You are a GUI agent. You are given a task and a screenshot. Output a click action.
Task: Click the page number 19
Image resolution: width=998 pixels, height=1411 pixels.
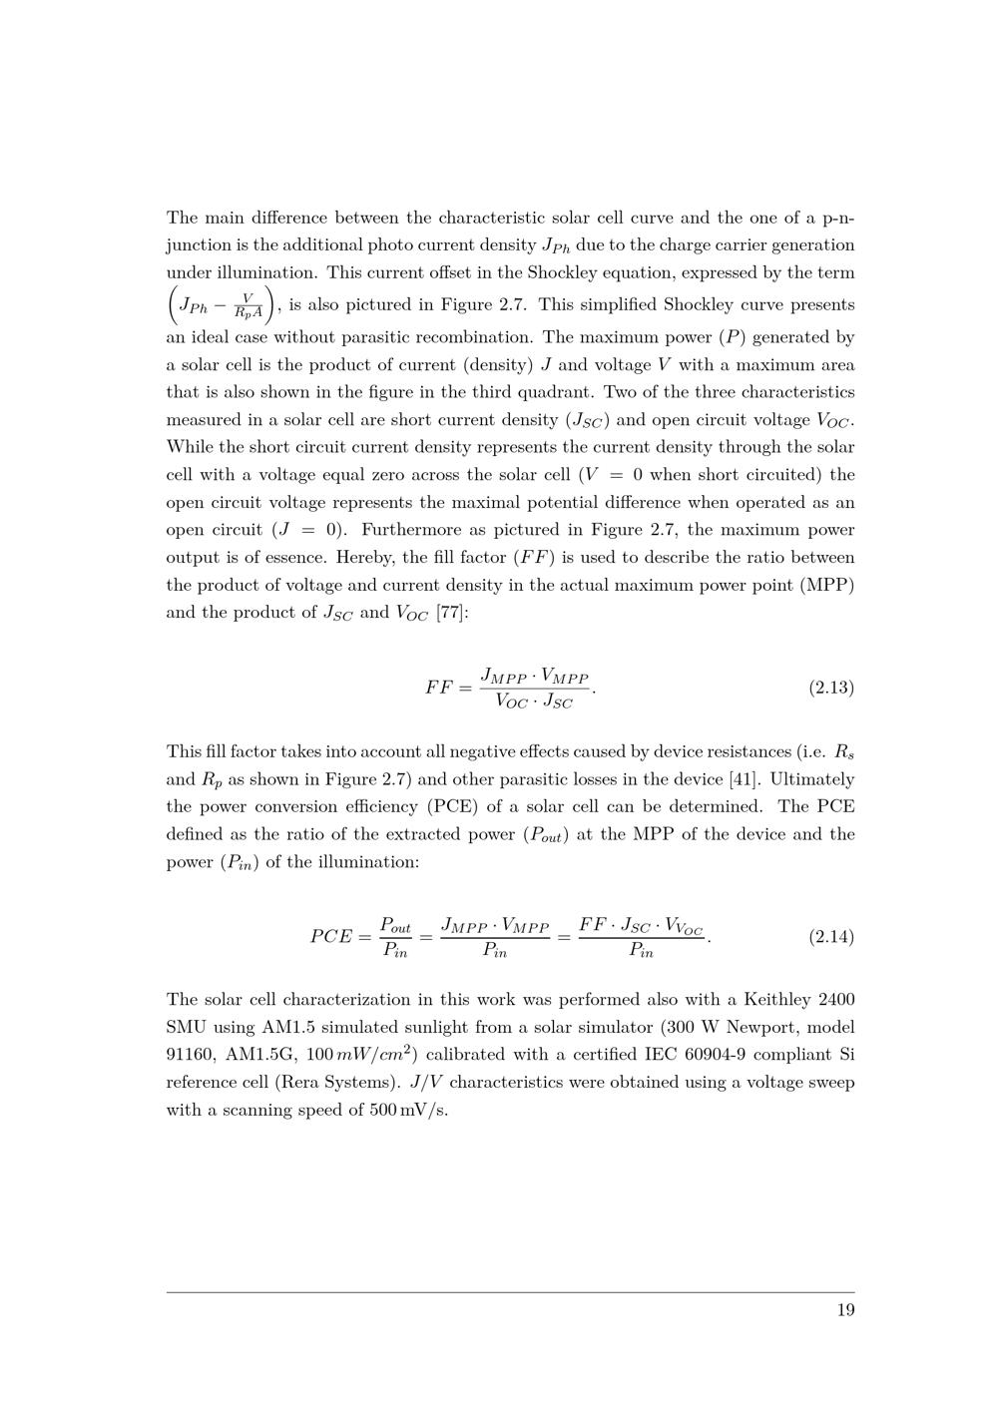point(845,1311)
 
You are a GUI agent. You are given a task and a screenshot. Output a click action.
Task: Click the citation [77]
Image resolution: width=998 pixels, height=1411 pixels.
point(451,613)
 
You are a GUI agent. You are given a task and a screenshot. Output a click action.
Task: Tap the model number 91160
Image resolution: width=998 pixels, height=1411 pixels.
point(191,1055)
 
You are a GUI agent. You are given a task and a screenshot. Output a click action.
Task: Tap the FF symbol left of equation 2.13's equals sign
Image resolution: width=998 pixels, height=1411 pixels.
point(439,689)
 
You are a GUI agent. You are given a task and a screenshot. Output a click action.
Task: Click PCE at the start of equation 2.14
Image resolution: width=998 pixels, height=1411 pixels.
point(331,937)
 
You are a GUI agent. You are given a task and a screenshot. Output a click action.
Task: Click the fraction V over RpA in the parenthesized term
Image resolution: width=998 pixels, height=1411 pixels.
point(248,305)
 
